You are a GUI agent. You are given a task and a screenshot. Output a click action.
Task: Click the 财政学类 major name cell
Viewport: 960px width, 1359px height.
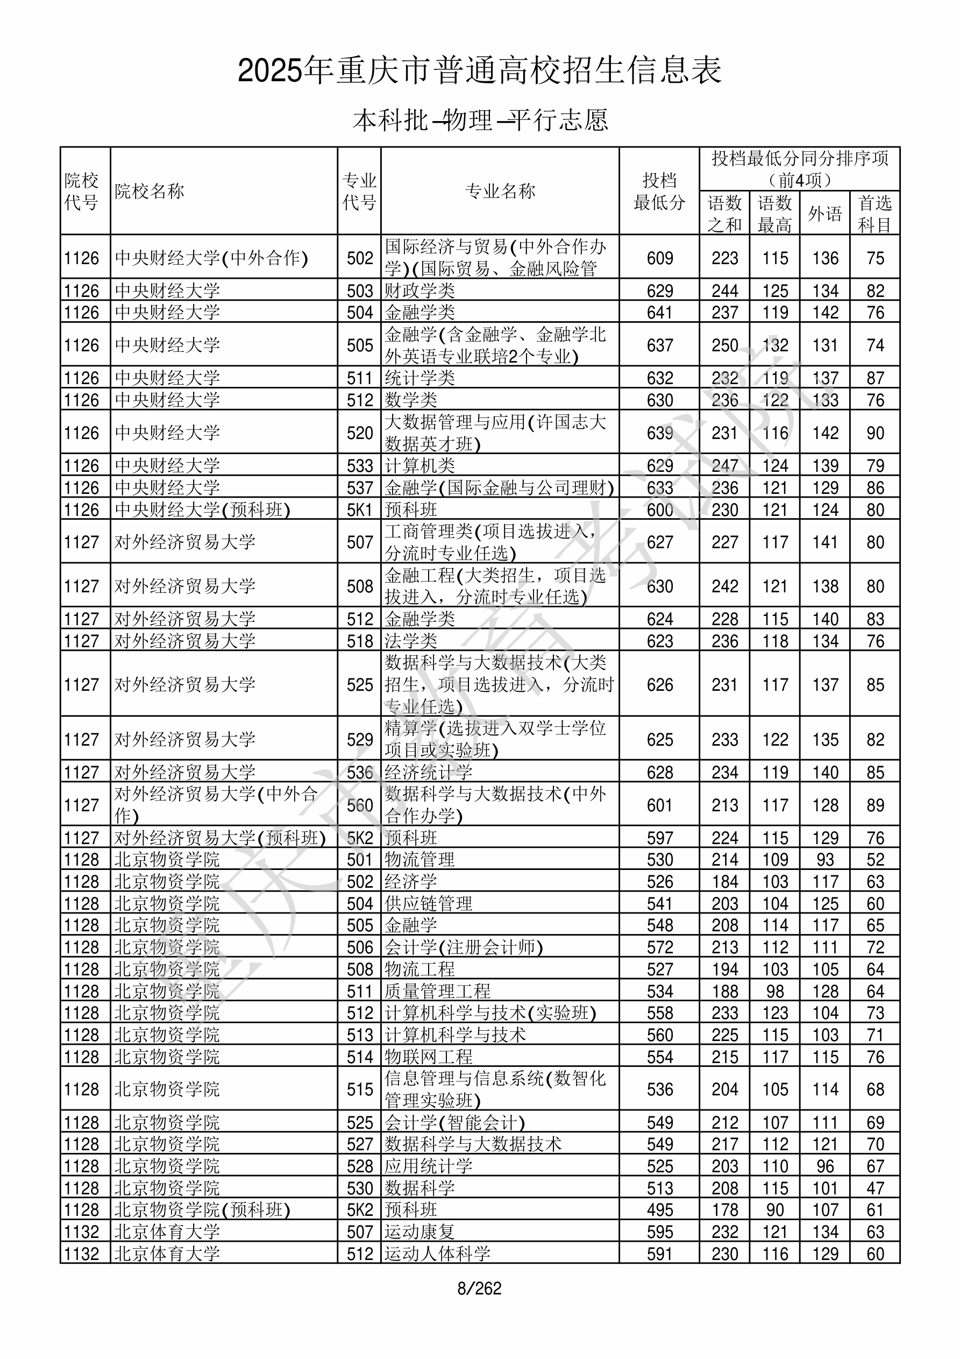tap(419, 291)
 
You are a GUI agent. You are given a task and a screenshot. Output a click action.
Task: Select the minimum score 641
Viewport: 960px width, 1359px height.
tap(659, 313)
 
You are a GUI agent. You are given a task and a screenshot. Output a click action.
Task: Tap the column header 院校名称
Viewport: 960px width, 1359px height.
tap(150, 191)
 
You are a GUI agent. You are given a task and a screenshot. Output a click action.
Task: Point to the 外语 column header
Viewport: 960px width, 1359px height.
tap(824, 214)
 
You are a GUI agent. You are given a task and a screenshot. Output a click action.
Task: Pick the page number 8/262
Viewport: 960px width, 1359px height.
tap(479, 1288)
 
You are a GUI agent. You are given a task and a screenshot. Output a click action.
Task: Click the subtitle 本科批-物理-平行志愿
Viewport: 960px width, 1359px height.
tap(480, 120)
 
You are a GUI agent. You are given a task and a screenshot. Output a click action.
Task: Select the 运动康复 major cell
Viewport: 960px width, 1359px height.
tap(419, 1231)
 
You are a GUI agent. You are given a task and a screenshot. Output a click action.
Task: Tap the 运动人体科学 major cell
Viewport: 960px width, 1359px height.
tap(437, 1254)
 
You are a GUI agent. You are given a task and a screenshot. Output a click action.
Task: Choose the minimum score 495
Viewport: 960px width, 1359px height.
tap(659, 1210)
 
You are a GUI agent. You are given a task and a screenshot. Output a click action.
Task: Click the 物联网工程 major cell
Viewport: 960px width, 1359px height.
tap(429, 1057)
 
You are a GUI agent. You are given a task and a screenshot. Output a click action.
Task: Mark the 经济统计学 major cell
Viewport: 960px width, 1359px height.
tap(429, 773)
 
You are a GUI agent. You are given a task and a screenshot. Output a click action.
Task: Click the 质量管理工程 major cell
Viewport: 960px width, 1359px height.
tap(437, 991)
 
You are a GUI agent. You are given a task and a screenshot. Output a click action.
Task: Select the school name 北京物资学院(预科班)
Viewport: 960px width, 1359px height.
tap(202, 1210)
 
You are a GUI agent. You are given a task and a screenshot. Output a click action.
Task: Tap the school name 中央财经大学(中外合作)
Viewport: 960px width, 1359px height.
tap(211, 258)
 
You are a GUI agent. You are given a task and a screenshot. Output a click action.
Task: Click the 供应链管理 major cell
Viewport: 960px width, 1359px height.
tap(429, 903)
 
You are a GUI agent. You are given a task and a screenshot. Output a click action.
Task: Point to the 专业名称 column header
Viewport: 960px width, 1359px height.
tap(500, 191)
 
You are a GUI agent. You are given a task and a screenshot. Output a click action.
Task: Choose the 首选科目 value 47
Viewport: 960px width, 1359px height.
tap(875, 1188)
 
